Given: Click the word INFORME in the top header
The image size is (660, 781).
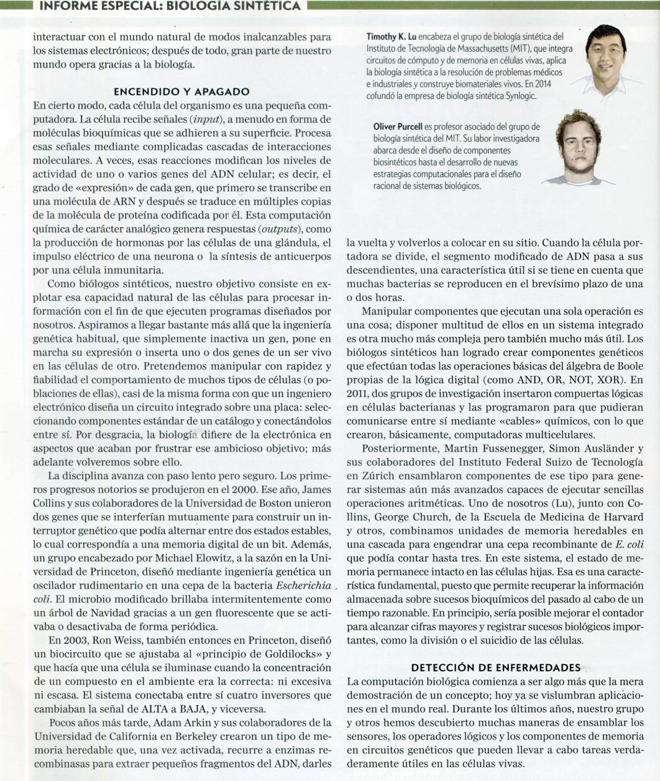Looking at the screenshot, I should point(65,7).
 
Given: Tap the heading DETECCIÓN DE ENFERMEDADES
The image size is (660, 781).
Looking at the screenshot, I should point(495,667).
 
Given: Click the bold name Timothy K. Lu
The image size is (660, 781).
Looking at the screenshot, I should point(390,37).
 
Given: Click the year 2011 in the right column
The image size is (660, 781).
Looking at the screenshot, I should point(357,394).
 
